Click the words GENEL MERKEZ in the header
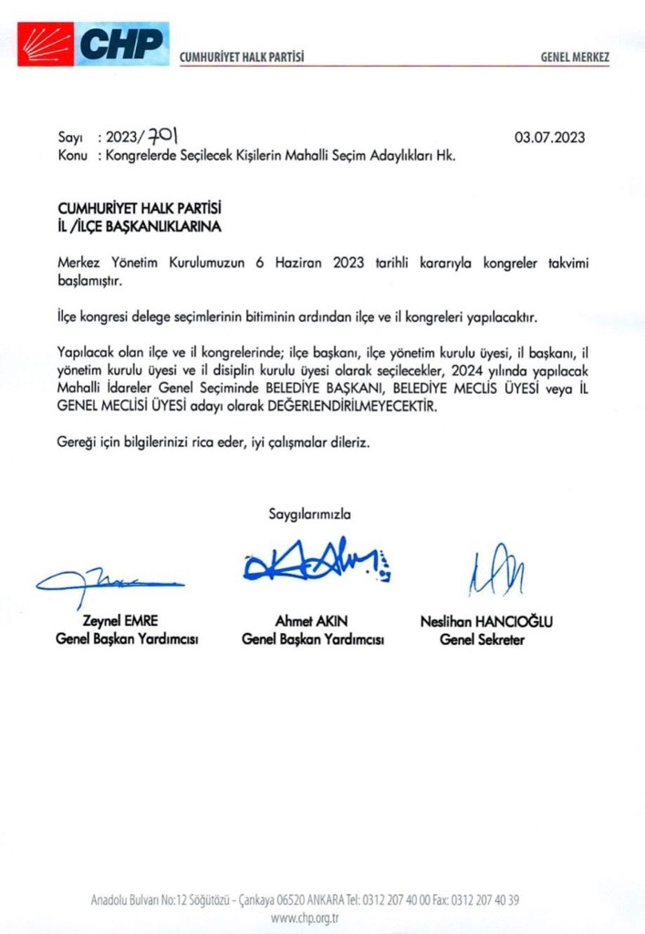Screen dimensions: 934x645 [x=574, y=57]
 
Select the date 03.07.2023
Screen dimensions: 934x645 [x=549, y=138]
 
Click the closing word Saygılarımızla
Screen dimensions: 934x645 [x=308, y=514]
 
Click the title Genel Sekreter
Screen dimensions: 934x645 [x=482, y=639]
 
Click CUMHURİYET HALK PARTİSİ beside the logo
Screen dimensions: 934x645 [x=242, y=57]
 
